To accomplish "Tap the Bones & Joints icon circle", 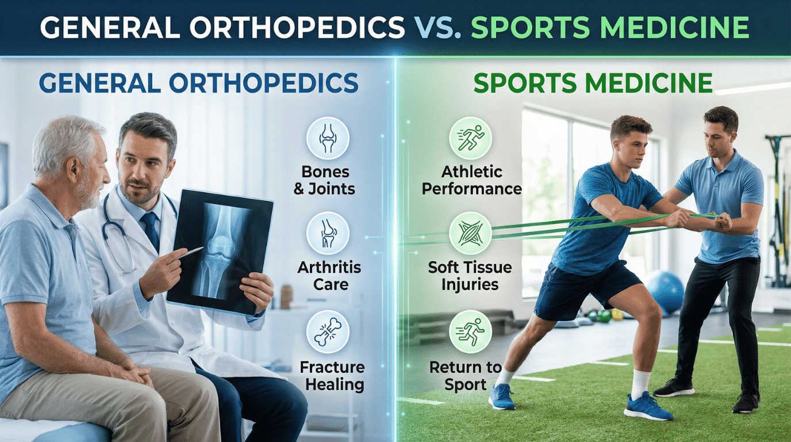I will (328, 138).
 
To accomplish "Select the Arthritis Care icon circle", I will (328, 234).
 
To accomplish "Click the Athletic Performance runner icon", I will (470, 138).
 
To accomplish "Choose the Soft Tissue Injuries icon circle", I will (470, 234).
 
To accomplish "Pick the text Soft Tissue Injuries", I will (470, 275).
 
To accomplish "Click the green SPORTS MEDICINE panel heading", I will (593, 83).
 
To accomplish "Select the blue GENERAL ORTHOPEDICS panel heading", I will (198, 83).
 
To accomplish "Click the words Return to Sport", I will (466, 376).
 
